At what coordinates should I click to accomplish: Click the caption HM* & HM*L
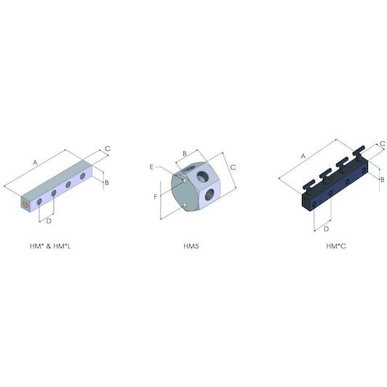pyautogui.click(x=50, y=246)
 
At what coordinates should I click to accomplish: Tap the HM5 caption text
pyautogui.click(x=191, y=246)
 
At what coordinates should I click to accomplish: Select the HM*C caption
pyautogui.click(x=336, y=246)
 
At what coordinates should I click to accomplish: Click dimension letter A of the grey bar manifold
pyautogui.click(x=35, y=163)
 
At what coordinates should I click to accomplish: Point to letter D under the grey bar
pyautogui.click(x=49, y=221)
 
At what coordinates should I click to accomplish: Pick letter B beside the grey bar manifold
pyautogui.click(x=107, y=183)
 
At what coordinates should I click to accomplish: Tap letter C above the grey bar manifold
pyautogui.click(x=108, y=149)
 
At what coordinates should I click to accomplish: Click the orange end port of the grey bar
pyautogui.click(x=25, y=204)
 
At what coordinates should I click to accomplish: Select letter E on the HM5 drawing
pyautogui.click(x=151, y=167)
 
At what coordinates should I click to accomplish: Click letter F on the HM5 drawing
pyautogui.click(x=156, y=196)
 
